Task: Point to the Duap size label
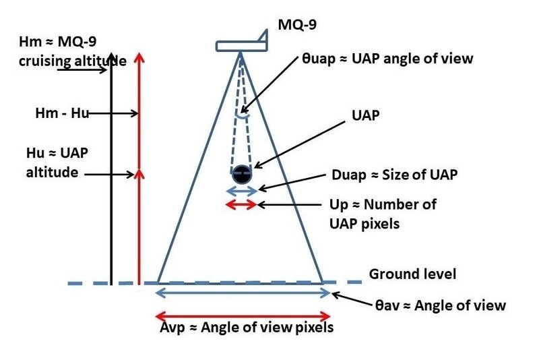coord(394,175)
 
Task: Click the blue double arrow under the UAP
coord(242,191)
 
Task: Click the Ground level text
coord(412,274)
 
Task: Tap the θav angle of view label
coord(440,305)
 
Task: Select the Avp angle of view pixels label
coord(243,328)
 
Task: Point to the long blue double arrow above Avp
coord(244,293)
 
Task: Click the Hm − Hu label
coord(61,113)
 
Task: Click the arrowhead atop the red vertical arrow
coord(138,57)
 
